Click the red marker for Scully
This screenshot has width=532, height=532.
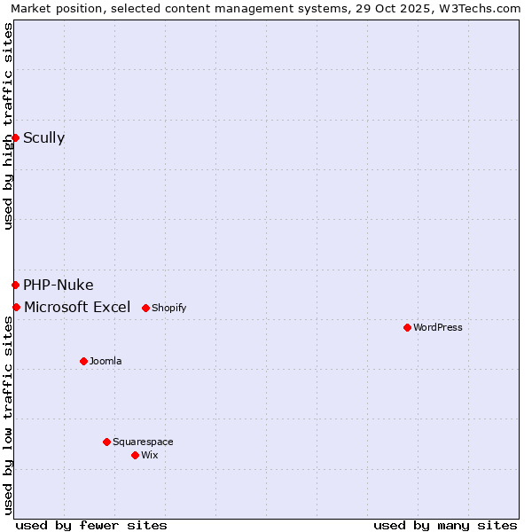(15, 137)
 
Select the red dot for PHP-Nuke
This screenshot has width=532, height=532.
(15, 285)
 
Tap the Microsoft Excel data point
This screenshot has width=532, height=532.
(16, 307)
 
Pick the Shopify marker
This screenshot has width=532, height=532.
(145, 308)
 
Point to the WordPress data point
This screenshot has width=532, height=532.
(407, 327)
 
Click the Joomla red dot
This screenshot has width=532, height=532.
(83, 361)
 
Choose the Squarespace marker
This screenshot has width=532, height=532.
(106, 442)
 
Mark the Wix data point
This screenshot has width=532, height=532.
(135, 455)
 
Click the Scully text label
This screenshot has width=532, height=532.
(43, 137)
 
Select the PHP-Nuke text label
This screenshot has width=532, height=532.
(58, 285)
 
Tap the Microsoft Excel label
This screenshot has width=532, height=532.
(77, 307)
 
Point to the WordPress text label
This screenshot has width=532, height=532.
(438, 327)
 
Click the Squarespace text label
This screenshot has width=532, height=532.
(143, 442)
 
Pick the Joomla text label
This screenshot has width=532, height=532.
(106, 361)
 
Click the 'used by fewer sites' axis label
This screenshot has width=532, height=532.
(91, 525)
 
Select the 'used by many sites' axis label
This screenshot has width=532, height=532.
(445, 525)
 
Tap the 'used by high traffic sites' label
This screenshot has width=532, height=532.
(8, 126)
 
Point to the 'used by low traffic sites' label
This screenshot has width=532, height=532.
(8, 415)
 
